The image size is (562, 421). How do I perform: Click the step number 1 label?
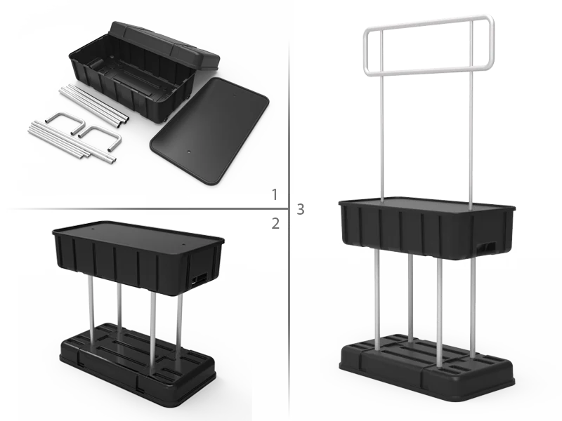pos(275,195)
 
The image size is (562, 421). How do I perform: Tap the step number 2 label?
pos(275,223)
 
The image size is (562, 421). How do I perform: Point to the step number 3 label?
pos(301,209)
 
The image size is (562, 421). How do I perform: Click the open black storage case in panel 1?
pos(143,72)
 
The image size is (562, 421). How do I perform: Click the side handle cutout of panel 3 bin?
pos(487,247)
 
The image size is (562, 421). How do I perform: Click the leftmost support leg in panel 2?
pos(91,309)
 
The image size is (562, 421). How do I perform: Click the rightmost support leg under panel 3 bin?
pos(473,308)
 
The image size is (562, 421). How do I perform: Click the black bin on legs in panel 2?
pos(138,258)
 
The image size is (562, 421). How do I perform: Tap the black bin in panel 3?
pos(426,227)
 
